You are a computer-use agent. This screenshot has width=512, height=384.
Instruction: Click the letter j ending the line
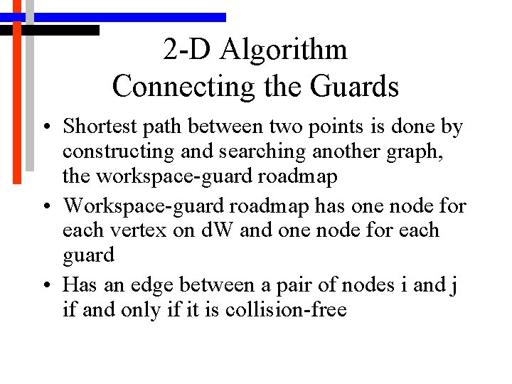click(453, 286)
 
